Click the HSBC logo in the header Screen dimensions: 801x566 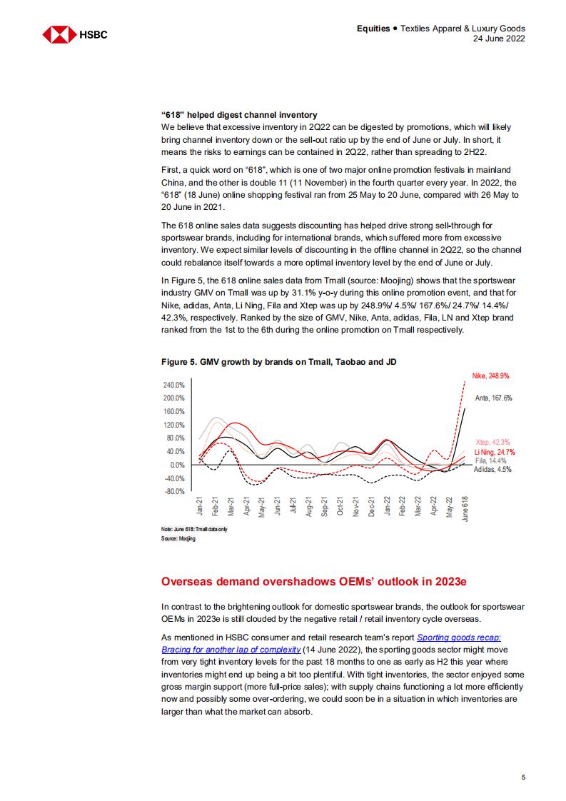click(74, 34)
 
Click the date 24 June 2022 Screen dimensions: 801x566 click(499, 39)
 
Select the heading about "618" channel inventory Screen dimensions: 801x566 click(239, 115)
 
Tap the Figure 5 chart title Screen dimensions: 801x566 click(279, 363)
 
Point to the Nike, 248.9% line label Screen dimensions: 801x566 click(490, 376)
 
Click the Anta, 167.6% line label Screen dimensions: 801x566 click(493, 398)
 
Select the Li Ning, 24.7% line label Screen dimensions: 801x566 click(495, 452)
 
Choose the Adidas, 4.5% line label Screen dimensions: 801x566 click(492, 470)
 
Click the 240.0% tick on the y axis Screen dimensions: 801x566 click(175, 384)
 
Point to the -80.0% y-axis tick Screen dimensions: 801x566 click(175, 492)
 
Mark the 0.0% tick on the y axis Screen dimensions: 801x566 click(178, 465)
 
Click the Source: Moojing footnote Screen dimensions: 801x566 click(178, 539)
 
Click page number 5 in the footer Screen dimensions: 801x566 click(523, 777)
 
